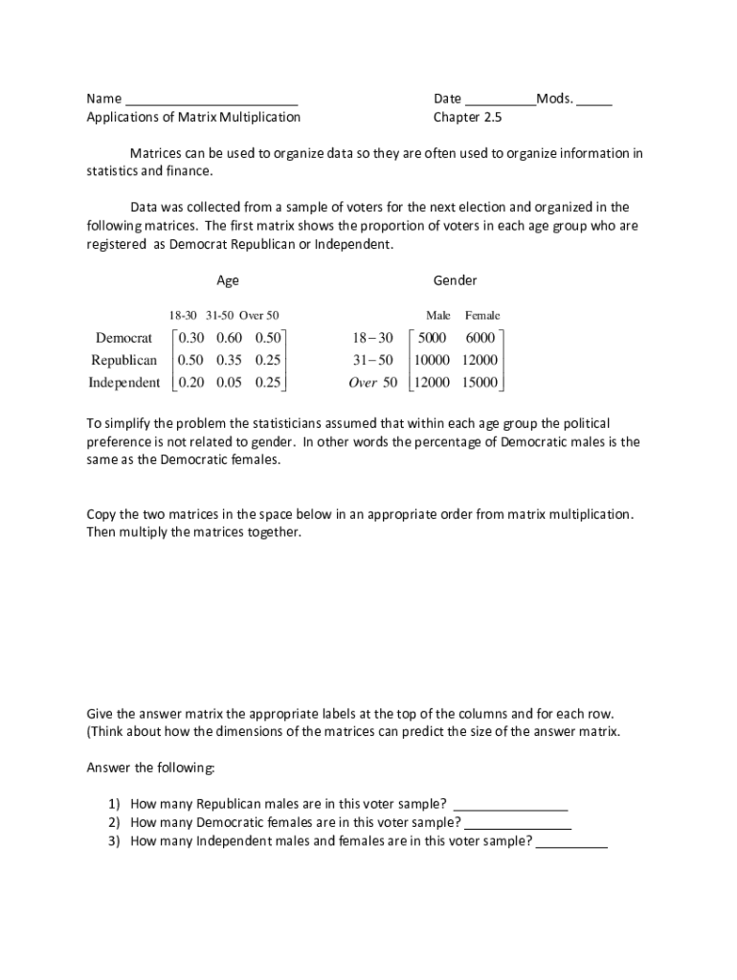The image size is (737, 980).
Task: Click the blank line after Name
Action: tap(212, 100)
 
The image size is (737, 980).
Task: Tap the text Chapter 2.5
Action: tap(467, 117)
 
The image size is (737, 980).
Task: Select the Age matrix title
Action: tap(228, 280)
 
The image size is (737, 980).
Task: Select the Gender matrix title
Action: tap(455, 280)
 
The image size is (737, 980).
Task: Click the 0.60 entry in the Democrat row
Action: tap(229, 338)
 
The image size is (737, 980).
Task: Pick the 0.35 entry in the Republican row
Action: tap(229, 360)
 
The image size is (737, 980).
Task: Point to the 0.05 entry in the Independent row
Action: tap(229, 383)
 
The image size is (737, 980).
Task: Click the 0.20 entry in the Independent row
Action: tap(191, 383)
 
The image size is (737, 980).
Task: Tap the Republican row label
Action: tap(124, 360)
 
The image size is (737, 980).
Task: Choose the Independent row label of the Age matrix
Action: tap(124, 383)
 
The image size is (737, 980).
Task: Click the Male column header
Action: tap(438, 315)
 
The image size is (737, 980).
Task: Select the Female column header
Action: tap(482, 315)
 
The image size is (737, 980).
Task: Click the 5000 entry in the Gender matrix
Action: tap(433, 338)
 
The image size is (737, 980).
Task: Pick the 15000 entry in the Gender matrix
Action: tap(480, 383)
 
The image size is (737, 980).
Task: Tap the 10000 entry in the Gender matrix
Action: tap(433, 360)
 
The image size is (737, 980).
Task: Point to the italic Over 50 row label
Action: tap(373, 383)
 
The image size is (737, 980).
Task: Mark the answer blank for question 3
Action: tap(571, 843)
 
